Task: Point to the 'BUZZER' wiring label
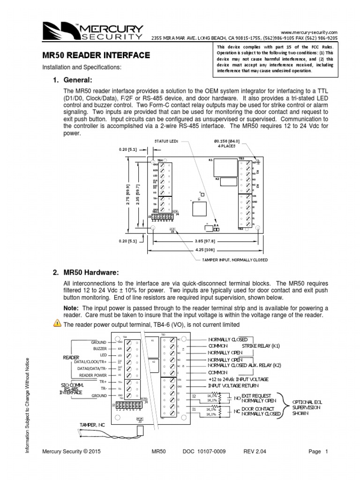[x=99, y=349]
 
